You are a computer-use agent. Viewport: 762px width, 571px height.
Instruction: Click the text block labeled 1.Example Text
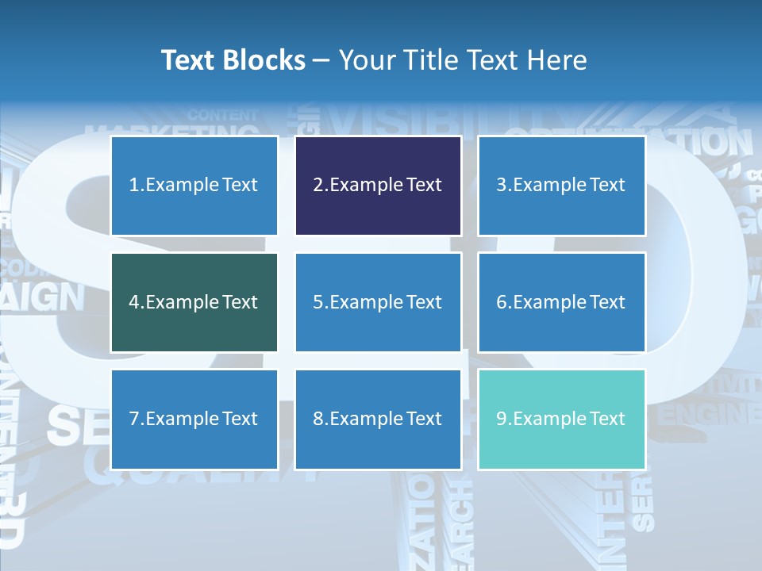(194, 186)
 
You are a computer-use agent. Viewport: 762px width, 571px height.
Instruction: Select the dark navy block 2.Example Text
(378, 186)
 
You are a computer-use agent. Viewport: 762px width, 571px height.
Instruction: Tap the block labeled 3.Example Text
(561, 186)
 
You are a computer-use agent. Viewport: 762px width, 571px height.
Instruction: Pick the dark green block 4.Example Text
(194, 302)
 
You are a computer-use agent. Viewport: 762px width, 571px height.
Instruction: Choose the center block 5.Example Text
(378, 302)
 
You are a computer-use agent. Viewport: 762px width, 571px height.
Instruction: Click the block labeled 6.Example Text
(561, 302)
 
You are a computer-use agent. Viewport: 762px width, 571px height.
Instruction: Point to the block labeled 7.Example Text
(194, 419)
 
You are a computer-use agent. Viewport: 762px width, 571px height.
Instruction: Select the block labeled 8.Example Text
(378, 419)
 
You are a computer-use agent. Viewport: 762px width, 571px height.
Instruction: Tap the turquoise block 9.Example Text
(561, 419)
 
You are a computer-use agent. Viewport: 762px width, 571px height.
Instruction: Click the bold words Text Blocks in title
(233, 60)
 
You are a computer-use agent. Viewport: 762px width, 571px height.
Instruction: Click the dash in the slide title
(322, 60)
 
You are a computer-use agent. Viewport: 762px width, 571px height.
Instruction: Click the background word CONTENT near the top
(223, 115)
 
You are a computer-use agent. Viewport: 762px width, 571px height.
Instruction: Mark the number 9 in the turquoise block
(502, 419)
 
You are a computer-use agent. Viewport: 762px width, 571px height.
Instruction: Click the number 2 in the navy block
(317, 186)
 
